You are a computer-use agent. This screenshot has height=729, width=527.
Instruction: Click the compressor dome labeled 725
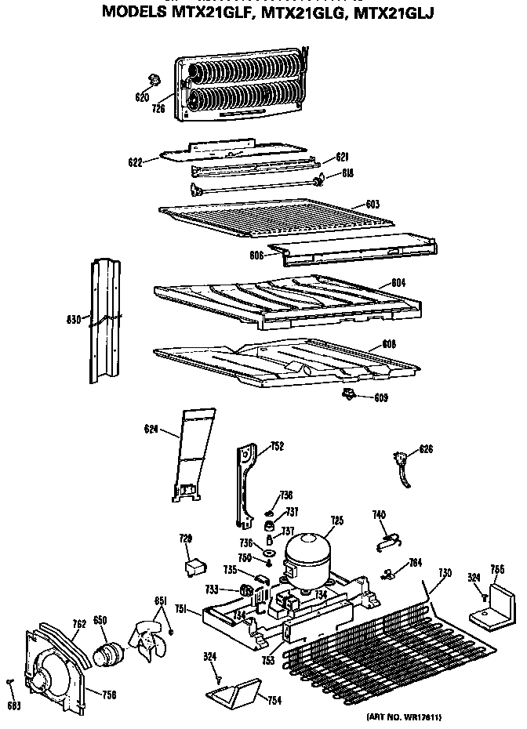click(307, 552)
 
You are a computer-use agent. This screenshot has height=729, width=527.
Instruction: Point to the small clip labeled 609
click(348, 394)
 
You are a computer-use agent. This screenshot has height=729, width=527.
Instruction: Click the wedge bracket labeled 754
click(234, 691)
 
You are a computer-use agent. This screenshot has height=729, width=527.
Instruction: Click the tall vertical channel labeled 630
click(105, 321)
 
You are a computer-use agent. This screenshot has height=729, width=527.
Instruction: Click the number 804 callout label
click(399, 282)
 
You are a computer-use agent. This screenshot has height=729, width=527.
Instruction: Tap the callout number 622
click(135, 162)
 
